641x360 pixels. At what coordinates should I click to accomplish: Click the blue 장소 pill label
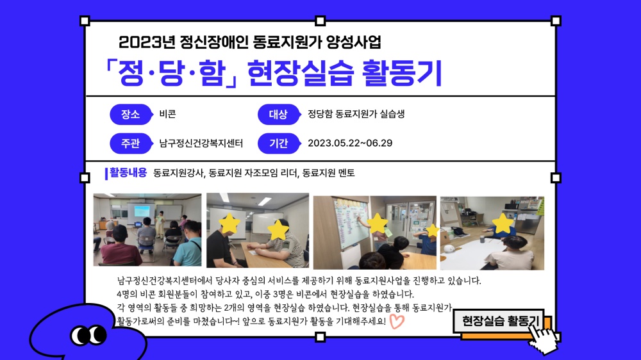click(131, 115)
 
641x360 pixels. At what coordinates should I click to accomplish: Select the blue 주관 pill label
click(131, 143)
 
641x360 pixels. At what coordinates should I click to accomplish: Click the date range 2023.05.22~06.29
click(350, 143)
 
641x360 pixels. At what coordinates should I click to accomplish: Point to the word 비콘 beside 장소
click(167, 114)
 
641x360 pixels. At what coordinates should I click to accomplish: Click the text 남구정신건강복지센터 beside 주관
click(201, 143)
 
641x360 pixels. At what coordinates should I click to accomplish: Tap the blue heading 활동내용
click(128, 172)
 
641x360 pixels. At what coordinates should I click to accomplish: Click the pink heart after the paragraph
click(397, 322)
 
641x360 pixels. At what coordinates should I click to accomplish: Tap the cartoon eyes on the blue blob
click(88, 335)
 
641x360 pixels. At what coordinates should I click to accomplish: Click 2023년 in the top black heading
click(147, 42)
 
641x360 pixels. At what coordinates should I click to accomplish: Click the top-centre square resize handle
click(320, 21)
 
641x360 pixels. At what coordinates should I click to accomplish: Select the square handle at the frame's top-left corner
click(85, 21)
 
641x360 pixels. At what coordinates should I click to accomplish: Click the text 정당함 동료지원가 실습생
click(356, 114)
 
